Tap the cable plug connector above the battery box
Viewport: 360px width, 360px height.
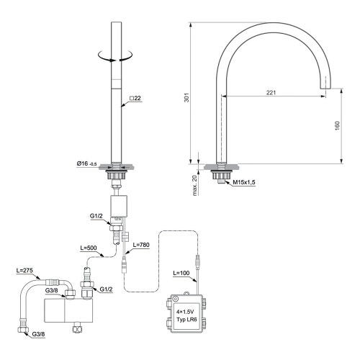pos(195,257)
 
